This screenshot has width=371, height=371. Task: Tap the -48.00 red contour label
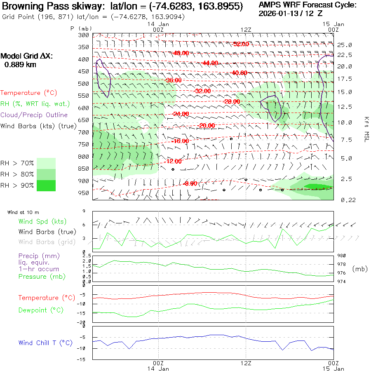[x=181, y=53]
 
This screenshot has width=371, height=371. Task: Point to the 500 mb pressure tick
[x=84, y=84]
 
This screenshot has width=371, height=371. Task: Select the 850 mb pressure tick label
[x=84, y=169]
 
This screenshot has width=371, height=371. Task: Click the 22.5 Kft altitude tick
[x=345, y=55]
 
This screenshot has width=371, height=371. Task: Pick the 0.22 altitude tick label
[x=345, y=200]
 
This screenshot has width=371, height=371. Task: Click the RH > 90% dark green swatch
[x=46, y=185]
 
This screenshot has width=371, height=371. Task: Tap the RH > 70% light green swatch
[x=46, y=163]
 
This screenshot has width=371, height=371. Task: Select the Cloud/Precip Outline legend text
[x=34, y=115]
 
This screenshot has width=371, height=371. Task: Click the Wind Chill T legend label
[x=45, y=343]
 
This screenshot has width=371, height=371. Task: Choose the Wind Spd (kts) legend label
[x=42, y=222]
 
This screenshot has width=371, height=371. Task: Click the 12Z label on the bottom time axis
[x=246, y=363]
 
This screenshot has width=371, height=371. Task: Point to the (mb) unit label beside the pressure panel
[x=360, y=269]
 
